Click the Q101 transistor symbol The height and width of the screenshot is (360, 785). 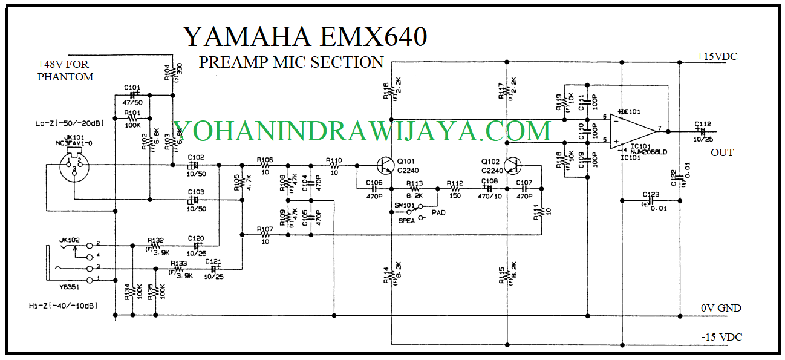385,165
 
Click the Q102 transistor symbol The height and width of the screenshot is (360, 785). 513,165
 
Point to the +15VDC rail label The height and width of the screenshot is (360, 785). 717,56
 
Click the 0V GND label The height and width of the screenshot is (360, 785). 721,309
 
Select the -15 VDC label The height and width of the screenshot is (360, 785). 721,337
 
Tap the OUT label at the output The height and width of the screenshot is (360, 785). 722,152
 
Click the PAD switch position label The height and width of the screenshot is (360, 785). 439,212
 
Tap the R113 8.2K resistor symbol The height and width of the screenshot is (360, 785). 415,189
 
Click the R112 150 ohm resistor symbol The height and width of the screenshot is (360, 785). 455,189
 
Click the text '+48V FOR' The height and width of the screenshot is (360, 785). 65,64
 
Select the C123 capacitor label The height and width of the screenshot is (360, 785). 651,194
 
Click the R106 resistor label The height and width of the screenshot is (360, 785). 265,160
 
